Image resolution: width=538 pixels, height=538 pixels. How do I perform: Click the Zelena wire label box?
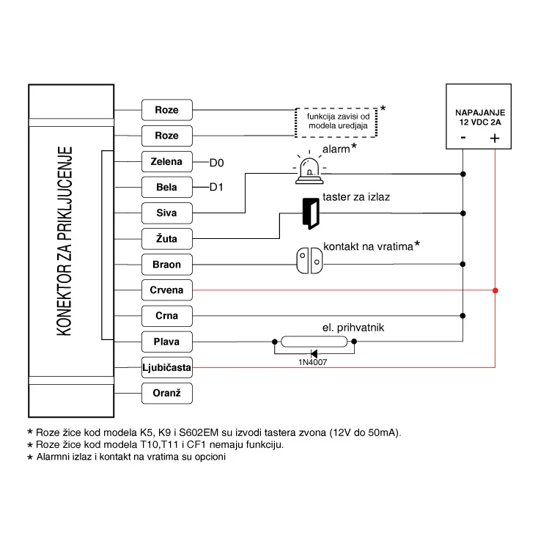[166, 162]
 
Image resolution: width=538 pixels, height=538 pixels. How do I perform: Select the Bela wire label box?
[166, 188]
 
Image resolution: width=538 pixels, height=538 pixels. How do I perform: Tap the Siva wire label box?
[166, 213]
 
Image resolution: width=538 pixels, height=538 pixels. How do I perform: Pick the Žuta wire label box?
[166, 239]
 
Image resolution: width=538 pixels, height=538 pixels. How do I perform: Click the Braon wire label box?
[166, 265]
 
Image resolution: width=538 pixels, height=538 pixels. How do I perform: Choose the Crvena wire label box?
[166, 290]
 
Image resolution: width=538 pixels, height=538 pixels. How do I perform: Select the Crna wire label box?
[166, 316]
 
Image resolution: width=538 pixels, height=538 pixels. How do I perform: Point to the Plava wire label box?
[166, 342]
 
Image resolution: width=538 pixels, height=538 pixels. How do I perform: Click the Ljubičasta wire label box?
[166, 367]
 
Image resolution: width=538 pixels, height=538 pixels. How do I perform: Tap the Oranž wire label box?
[166, 394]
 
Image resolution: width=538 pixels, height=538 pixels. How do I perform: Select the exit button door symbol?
[310, 213]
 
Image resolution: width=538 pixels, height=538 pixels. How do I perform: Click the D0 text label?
[216, 162]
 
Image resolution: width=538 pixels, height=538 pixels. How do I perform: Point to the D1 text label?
[216, 188]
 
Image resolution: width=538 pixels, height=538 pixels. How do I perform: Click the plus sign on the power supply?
[495, 138]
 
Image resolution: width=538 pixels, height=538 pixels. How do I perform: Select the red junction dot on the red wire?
[495, 291]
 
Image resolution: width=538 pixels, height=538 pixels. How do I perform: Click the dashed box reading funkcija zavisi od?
[336, 122]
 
